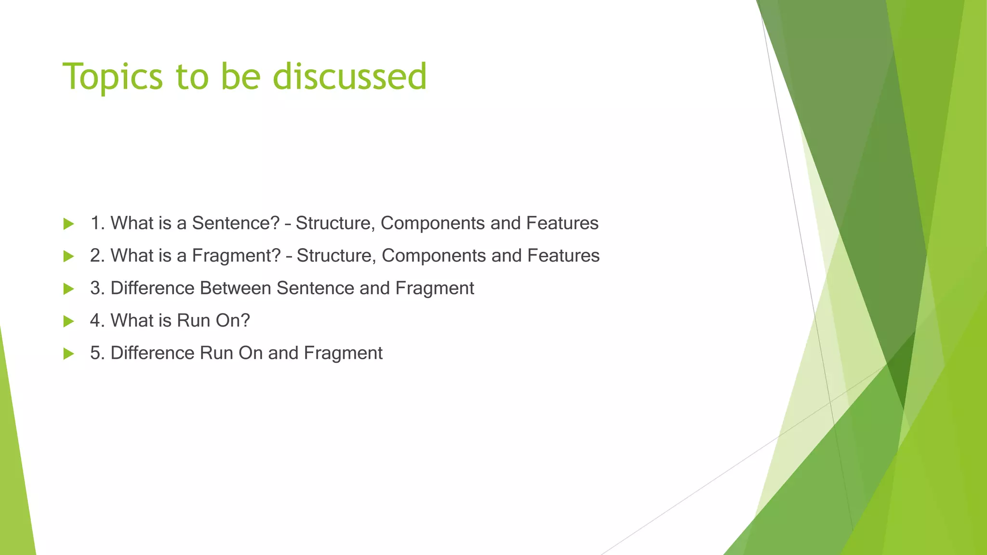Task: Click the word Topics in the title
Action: coord(113,77)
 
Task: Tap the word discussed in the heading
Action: coord(349,76)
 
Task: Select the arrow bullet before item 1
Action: coord(68,224)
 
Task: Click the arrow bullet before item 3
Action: coord(68,289)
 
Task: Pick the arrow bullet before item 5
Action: coord(68,354)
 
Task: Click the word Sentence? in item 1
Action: coord(236,223)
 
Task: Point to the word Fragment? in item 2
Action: coord(236,256)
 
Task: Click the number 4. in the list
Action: coord(97,321)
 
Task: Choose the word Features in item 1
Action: coord(562,223)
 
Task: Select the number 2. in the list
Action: coord(97,256)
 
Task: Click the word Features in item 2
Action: coord(563,256)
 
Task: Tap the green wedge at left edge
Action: coord(14,472)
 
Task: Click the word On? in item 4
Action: coord(232,321)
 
